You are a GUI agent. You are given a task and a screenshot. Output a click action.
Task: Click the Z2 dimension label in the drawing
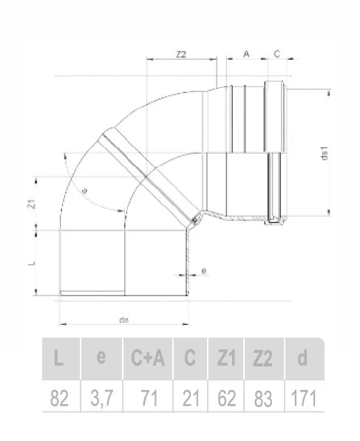[180, 54]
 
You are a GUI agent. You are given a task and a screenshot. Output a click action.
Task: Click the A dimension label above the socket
[245, 53]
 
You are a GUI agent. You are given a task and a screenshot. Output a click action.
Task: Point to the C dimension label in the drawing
[276, 53]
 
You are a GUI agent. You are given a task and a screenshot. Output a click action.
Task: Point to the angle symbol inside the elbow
[84, 191]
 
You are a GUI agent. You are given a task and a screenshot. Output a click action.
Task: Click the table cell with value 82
[60, 399]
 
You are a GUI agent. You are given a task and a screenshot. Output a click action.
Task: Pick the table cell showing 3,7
[101, 399]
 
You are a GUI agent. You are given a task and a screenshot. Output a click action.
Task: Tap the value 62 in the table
[226, 399]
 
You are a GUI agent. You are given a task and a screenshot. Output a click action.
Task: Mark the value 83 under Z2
[262, 399]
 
